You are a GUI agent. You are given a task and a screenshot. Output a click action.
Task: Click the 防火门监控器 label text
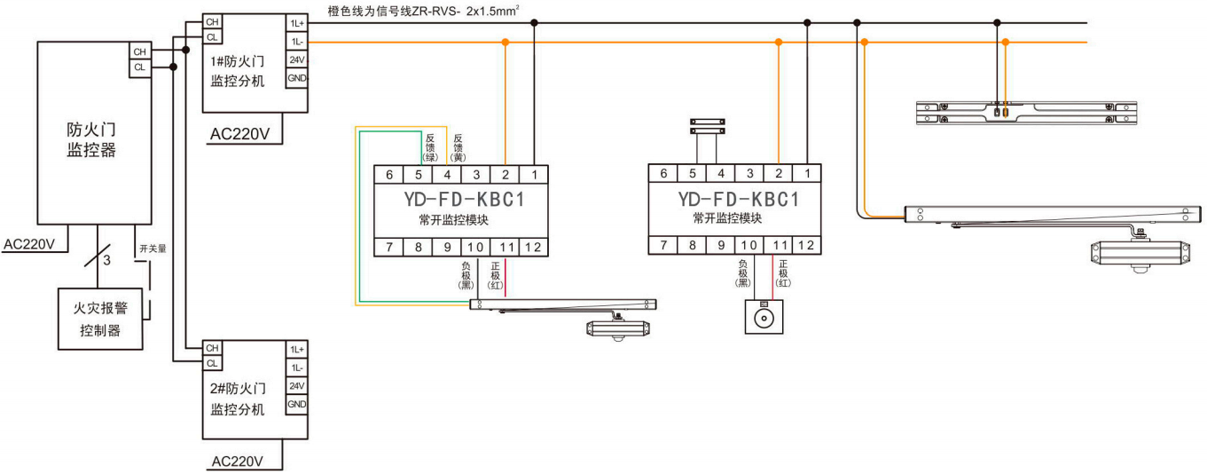pyautogui.click(x=92, y=138)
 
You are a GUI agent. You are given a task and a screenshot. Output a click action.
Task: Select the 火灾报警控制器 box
pyautogui.click(x=100, y=320)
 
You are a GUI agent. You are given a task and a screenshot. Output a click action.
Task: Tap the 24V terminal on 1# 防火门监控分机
pyautogui.click(x=296, y=59)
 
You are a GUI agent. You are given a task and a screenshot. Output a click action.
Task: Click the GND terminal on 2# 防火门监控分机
pyautogui.click(x=296, y=405)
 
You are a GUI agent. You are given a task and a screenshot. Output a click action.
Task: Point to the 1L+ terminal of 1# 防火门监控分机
pyautogui.click(x=296, y=22)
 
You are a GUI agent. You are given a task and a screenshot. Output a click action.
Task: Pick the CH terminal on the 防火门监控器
pyautogui.click(x=139, y=51)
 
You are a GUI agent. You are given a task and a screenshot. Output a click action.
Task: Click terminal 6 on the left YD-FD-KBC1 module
pyautogui.click(x=389, y=175)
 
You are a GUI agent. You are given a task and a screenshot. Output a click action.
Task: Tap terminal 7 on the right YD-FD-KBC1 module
pyautogui.click(x=663, y=246)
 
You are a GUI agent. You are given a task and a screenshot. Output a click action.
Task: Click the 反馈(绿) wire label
pyautogui.click(x=430, y=147)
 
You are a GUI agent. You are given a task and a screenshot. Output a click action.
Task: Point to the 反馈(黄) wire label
pyautogui.click(x=458, y=147)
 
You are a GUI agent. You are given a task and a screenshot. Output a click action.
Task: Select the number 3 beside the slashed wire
pyautogui.click(x=107, y=260)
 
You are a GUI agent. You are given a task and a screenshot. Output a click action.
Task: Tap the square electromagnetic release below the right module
pyautogui.click(x=763, y=316)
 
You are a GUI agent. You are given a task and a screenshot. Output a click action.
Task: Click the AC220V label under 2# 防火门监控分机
pyautogui.click(x=237, y=462)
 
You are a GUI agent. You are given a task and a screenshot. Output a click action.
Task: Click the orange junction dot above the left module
pyautogui.click(x=506, y=42)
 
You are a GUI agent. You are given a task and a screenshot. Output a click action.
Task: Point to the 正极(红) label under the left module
pyautogui.click(x=496, y=274)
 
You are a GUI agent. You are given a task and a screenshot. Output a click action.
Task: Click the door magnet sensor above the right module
pyautogui.click(x=707, y=125)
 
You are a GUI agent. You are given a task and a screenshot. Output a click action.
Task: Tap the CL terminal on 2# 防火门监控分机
pyautogui.click(x=212, y=363)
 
